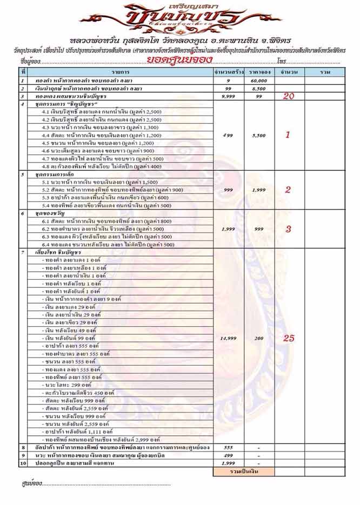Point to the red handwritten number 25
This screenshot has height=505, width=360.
click(289, 338)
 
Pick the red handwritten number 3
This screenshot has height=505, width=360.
click(288, 228)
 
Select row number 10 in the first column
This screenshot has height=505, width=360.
click(23, 463)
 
